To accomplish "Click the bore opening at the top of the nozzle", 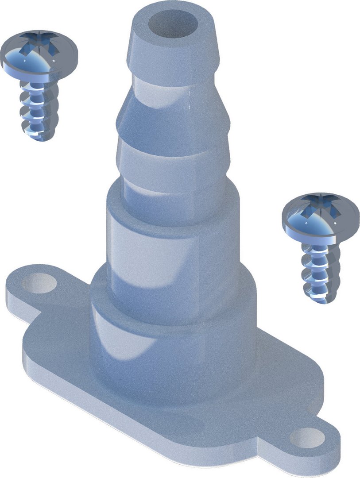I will point(173,25).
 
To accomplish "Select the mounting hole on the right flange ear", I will point(307,438).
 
